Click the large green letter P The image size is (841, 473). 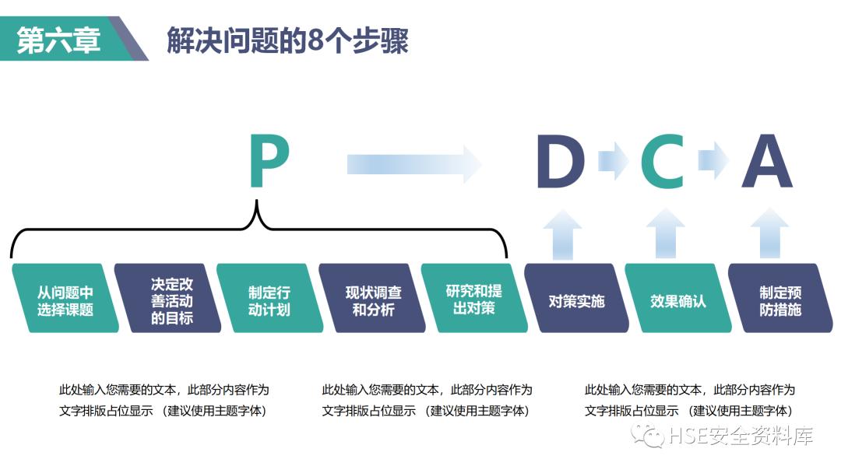tap(269, 162)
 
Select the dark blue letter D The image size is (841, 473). tap(560, 162)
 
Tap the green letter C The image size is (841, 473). tap(662, 162)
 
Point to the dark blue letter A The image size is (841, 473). tap(766, 162)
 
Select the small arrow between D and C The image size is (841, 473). tap(612, 161)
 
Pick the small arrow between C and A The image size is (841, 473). tap(713, 161)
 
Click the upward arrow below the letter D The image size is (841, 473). tap(561, 233)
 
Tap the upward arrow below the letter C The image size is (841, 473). tap(665, 233)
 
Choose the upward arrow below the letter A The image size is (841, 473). tap(769, 233)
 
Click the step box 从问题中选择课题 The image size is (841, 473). tap(65, 299)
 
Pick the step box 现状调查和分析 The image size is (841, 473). tap(373, 299)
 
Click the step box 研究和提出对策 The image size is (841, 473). tap(474, 299)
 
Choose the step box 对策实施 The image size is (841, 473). tap(577, 299)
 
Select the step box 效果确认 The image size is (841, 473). tap(678, 299)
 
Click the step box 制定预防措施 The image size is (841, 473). tap(779, 299)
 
